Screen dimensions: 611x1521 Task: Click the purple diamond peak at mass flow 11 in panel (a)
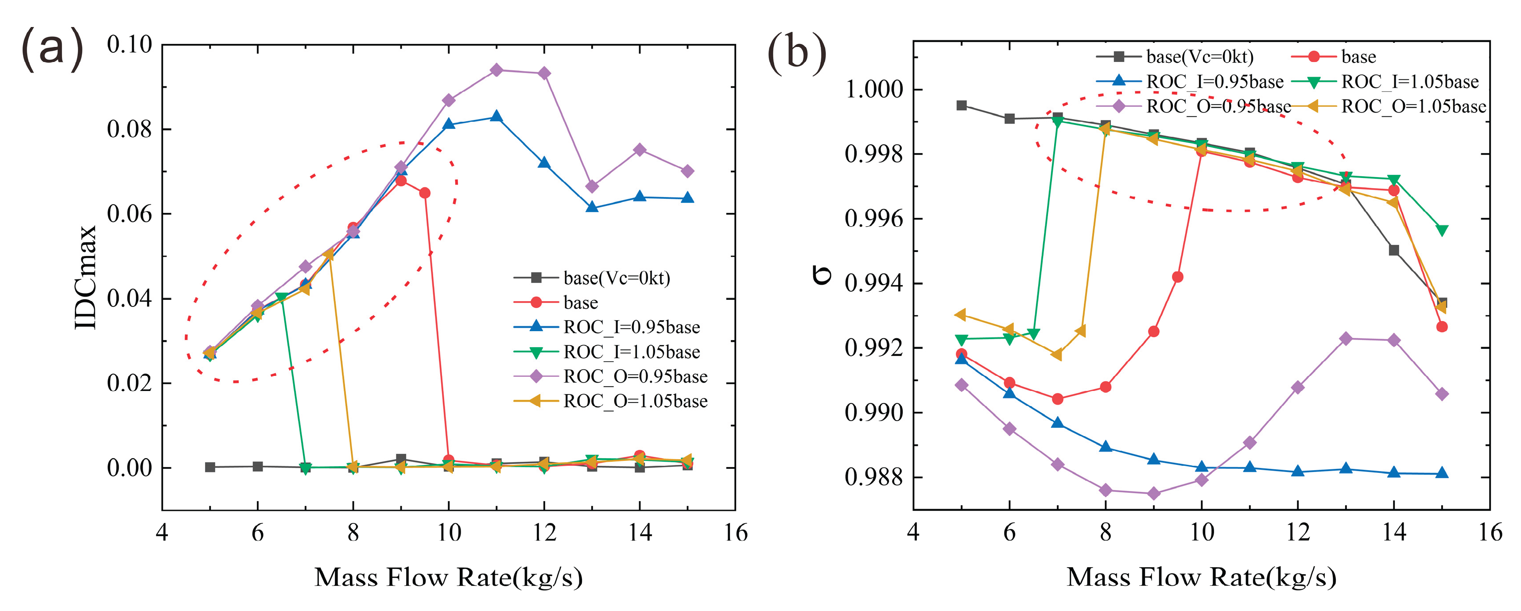click(496, 70)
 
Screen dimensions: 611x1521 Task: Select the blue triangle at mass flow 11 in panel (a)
click(496, 116)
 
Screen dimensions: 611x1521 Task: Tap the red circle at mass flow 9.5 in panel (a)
click(424, 193)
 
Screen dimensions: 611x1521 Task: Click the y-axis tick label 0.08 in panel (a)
click(129, 129)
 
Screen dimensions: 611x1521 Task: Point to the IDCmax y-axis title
click(86, 278)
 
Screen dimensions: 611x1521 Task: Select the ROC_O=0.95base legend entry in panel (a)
click(635, 377)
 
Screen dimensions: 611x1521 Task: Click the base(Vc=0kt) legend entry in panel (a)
click(617, 278)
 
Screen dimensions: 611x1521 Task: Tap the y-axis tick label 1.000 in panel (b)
click(874, 90)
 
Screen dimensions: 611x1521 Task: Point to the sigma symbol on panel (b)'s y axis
click(822, 275)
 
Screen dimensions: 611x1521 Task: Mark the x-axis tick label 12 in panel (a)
click(544, 533)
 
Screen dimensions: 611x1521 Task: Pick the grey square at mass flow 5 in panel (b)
click(961, 106)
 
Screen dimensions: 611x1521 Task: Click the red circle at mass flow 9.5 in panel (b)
click(1177, 277)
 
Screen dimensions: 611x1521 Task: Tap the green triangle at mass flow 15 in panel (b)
click(1442, 230)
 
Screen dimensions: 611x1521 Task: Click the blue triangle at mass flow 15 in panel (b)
click(1442, 473)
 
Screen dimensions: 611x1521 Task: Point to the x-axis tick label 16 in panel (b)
click(1490, 533)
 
